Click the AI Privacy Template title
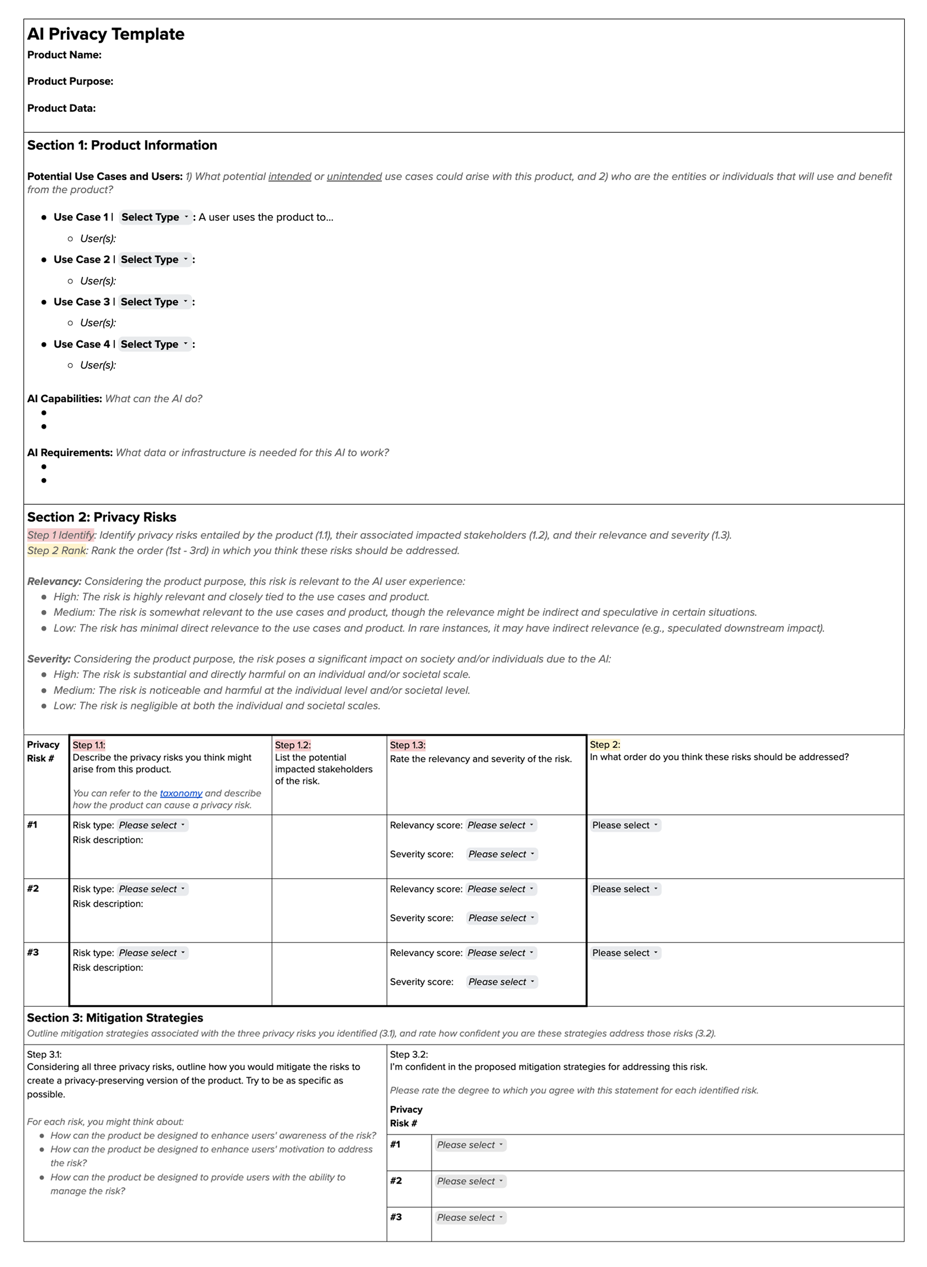click(x=106, y=34)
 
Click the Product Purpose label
click(x=70, y=81)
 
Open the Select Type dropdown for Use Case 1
click(x=156, y=217)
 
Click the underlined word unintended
click(x=354, y=176)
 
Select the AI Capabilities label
click(x=64, y=399)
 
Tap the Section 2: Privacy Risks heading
click(x=102, y=517)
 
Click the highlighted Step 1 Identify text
click(x=61, y=535)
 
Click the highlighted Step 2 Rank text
click(x=57, y=550)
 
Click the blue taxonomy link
click(x=181, y=793)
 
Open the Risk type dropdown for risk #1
click(x=152, y=825)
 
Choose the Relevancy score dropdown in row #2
click(x=500, y=889)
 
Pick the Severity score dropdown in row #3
click(x=501, y=982)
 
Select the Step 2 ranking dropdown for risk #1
click(x=625, y=825)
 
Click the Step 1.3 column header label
click(x=408, y=745)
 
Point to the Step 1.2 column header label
click(x=292, y=745)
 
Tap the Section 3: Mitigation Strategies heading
click(x=115, y=1017)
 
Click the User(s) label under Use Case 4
click(x=98, y=365)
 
